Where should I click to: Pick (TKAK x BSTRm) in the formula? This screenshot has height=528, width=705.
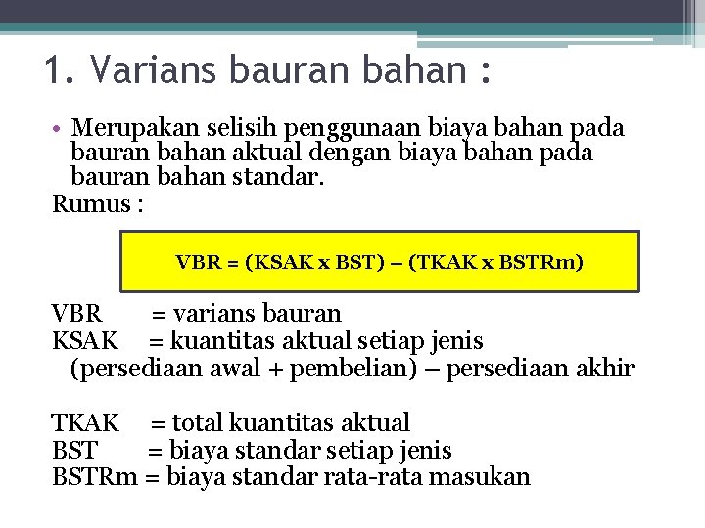(x=500, y=262)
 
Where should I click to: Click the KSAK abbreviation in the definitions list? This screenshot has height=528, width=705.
(x=85, y=341)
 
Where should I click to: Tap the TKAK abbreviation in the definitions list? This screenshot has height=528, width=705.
(x=85, y=423)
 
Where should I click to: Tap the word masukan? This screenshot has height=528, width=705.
(x=484, y=477)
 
